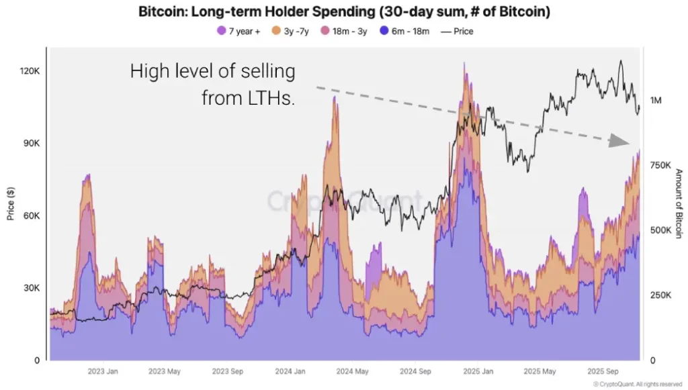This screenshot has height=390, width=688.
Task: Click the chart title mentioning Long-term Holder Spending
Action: (x=343, y=11)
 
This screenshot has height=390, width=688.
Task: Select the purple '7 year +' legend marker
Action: (x=221, y=31)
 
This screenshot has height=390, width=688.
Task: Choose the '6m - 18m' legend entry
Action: (x=404, y=31)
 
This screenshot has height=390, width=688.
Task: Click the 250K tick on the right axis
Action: (x=660, y=295)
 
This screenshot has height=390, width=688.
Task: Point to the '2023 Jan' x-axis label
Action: (x=103, y=371)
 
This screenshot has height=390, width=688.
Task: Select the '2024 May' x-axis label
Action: (x=351, y=371)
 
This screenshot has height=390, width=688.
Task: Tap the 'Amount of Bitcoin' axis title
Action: (x=679, y=203)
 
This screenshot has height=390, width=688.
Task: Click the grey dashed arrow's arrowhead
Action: (x=617, y=141)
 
